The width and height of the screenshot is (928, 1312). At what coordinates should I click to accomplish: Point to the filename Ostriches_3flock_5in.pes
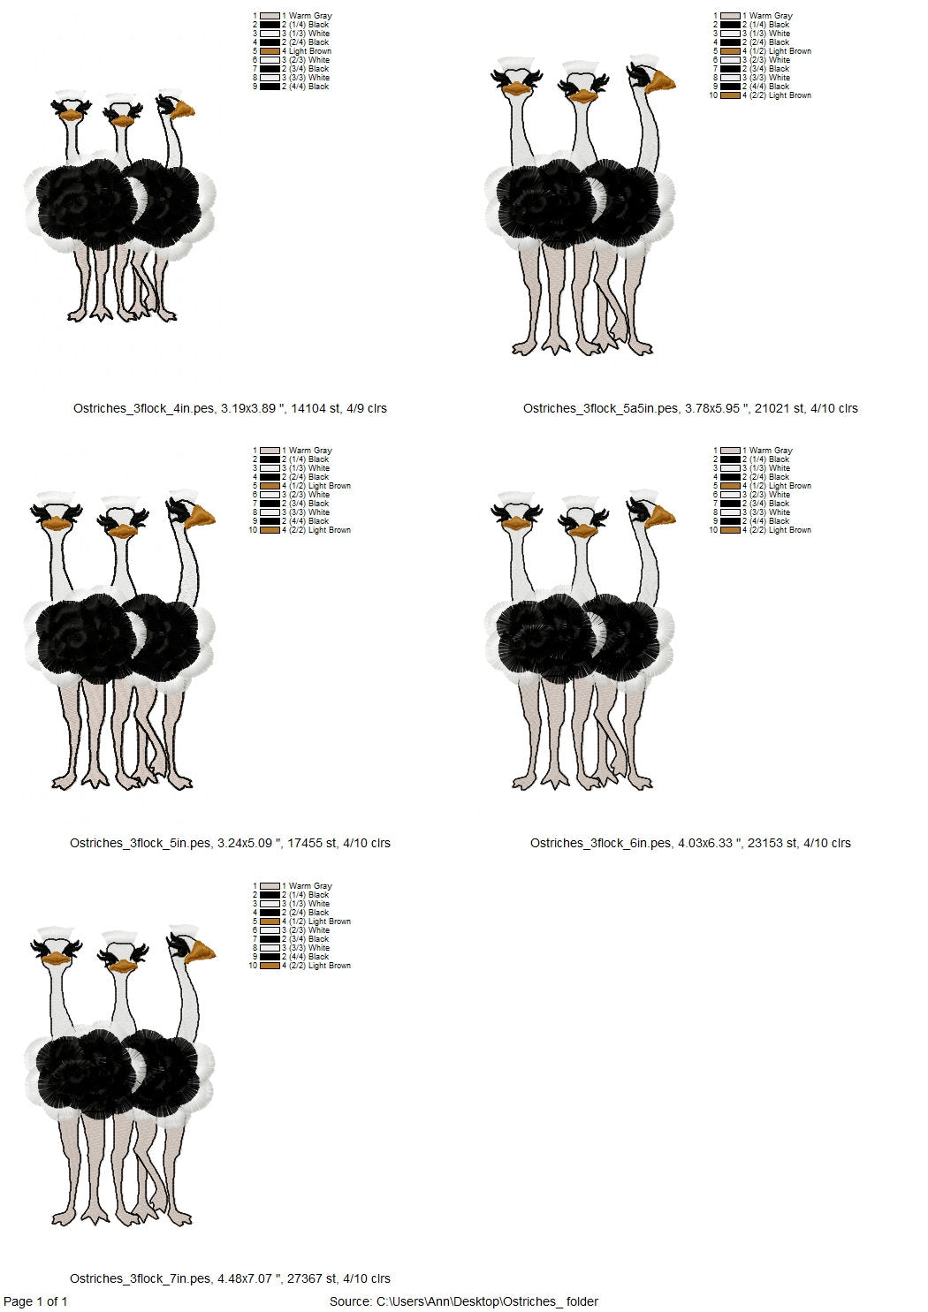point(141,843)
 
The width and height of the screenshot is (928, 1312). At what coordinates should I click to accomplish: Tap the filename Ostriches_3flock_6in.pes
point(600,843)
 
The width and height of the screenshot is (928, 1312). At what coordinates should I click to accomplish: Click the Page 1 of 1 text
point(35,1301)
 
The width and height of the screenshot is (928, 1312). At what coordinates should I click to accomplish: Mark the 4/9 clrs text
point(365,408)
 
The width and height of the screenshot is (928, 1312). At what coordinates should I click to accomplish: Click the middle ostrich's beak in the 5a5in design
point(582,96)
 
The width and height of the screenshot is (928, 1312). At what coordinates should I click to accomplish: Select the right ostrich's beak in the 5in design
point(200,518)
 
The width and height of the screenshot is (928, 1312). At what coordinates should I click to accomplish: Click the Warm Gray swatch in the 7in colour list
point(270,886)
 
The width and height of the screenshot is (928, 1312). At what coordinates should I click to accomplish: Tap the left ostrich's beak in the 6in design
point(516,523)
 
